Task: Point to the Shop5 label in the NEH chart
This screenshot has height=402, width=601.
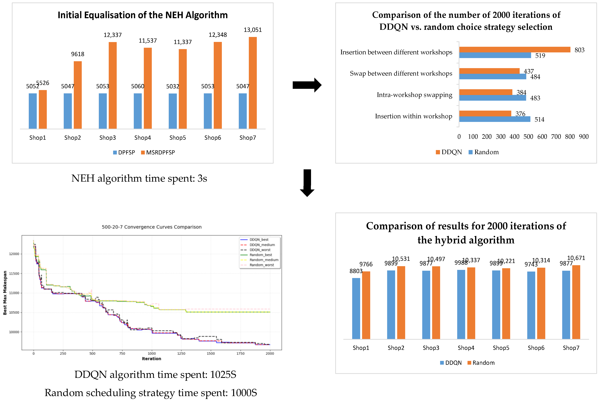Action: (x=178, y=138)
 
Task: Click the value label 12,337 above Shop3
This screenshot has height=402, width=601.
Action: (x=113, y=35)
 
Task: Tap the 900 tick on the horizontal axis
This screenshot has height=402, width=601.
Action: (x=584, y=137)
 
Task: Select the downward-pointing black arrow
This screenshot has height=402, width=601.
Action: (x=307, y=183)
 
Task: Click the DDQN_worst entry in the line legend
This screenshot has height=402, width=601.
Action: (x=260, y=250)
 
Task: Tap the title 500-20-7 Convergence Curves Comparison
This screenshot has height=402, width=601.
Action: (x=152, y=227)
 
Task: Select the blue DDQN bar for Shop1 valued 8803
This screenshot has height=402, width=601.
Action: (x=356, y=308)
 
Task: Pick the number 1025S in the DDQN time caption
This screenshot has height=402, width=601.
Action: (x=223, y=375)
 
